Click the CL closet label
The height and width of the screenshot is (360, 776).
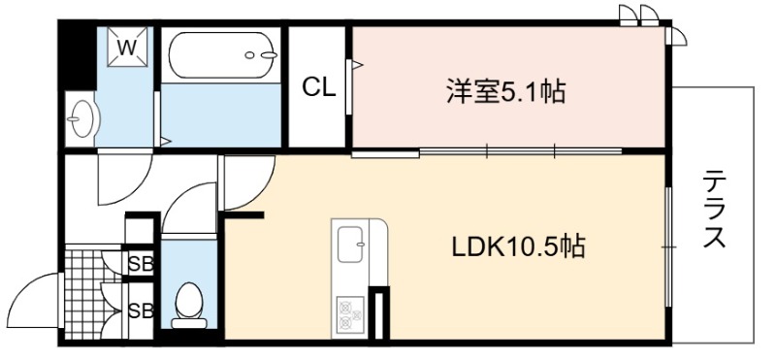pyautogui.click(x=319, y=88)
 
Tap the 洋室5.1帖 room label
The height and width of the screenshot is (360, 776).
pyautogui.click(x=505, y=92)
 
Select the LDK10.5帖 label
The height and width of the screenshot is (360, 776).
pyautogui.click(x=518, y=246)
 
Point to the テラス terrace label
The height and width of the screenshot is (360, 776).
pyautogui.click(x=714, y=209)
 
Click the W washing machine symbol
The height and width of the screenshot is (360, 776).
pyautogui.click(x=128, y=46)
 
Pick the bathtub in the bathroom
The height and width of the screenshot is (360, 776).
pyautogui.click(x=222, y=55)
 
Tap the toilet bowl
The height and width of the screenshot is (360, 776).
pyautogui.click(x=188, y=305)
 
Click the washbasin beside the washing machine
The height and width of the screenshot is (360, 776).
pyautogui.click(x=82, y=118)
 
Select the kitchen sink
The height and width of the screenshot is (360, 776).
pyautogui.click(x=350, y=245)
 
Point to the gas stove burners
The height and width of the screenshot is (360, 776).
pyautogui.click(x=350, y=314)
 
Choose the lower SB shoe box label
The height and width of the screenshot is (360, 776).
pyautogui.click(x=141, y=311)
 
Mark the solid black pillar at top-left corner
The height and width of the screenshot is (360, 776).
pyautogui.click(x=77, y=54)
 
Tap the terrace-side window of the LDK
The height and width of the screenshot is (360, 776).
pyautogui.click(x=668, y=246)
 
